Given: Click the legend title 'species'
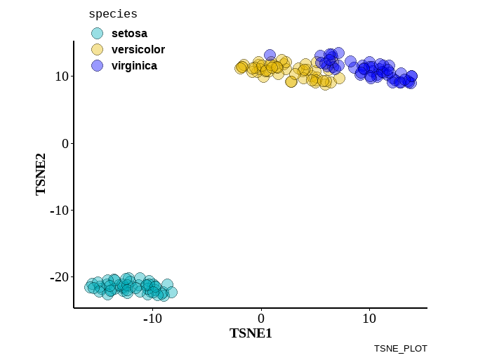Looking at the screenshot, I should [x=113, y=14].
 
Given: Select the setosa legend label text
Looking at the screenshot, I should [x=129, y=33].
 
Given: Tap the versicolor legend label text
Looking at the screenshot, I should [x=138, y=49].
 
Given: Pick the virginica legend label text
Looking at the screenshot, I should [x=134, y=65].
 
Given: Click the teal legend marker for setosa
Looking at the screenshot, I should [x=98, y=33].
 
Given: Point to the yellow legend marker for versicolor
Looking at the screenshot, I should [x=98, y=49].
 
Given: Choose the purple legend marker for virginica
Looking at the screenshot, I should [x=98, y=65].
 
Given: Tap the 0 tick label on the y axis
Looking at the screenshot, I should [x=64, y=143].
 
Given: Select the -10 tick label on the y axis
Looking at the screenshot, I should [x=58, y=210].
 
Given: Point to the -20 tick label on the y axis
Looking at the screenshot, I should [x=58, y=277].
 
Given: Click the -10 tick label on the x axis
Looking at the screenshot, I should [x=152, y=319].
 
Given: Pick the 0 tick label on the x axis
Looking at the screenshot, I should [x=261, y=319].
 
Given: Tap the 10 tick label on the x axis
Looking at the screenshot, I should [x=369, y=319].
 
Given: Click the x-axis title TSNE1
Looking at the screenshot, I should [x=251, y=333].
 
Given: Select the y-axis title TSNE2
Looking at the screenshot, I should [x=41, y=174].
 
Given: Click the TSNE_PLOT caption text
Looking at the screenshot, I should [x=400, y=348].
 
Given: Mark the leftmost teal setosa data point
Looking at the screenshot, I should [x=91, y=287].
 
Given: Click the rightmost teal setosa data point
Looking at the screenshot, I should [x=171, y=292].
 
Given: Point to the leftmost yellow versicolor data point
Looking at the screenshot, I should [x=240, y=68].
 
